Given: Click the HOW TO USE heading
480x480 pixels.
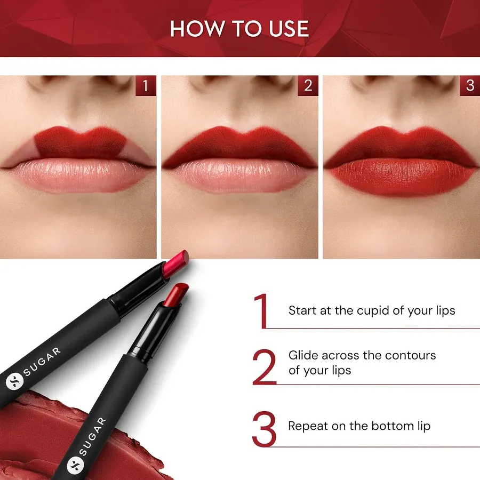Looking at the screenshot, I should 239,29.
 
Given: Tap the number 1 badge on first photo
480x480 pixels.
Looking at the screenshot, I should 146,86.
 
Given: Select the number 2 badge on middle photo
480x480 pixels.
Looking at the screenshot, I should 308,86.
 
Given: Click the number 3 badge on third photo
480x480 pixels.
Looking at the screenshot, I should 469,86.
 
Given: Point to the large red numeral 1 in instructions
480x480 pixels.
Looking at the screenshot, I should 261,311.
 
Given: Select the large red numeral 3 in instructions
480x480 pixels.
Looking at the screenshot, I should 264,429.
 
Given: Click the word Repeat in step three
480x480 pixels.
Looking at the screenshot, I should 306,426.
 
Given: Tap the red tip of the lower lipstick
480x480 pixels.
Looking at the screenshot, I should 175,295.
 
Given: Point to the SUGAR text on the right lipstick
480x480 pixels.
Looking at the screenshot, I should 93,436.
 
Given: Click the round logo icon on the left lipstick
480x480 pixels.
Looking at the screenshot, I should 12,383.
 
